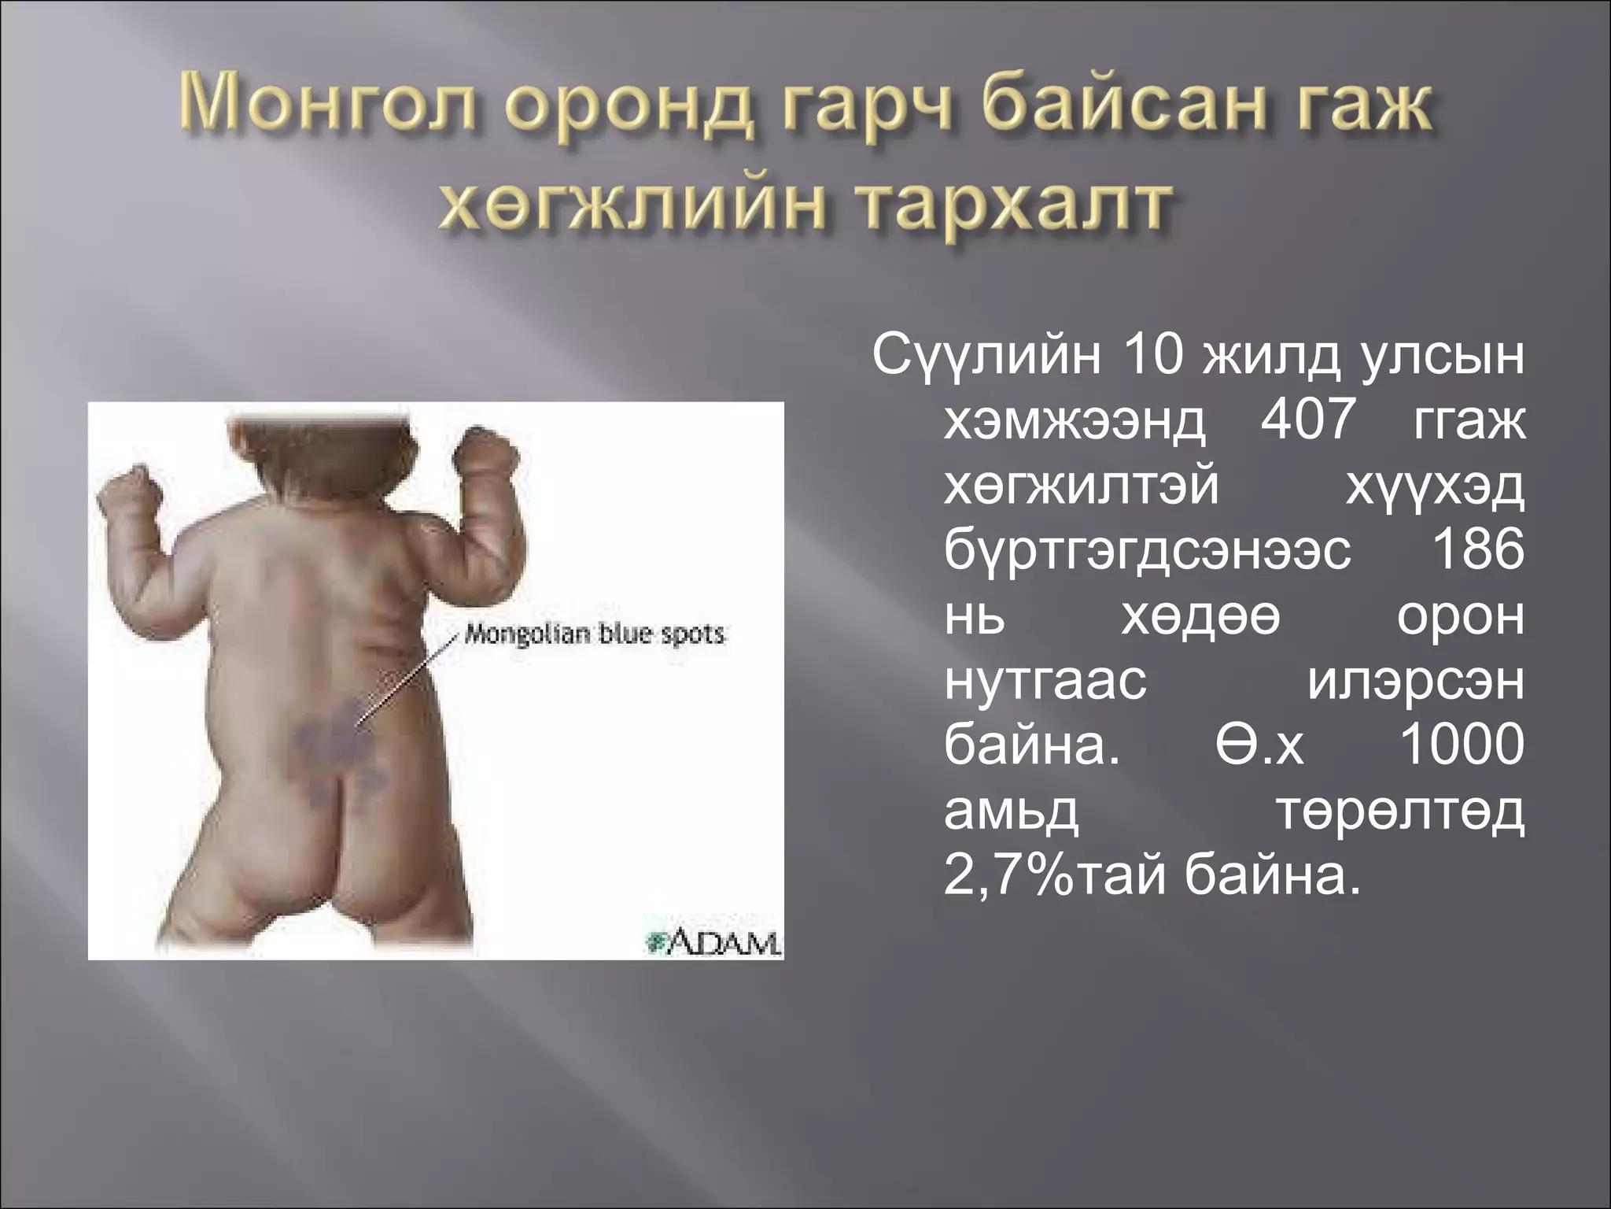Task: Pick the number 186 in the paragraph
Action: click(1478, 551)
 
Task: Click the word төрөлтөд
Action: click(1400, 811)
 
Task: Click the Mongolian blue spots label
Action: click(594, 634)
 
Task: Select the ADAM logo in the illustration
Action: click(713, 942)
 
